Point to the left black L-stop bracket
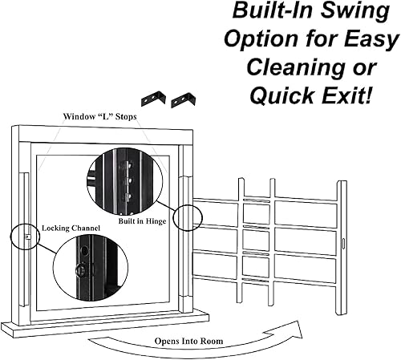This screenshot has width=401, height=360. click(x=155, y=99)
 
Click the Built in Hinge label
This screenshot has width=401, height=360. click(x=142, y=220)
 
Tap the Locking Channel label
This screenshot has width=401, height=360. click(x=71, y=229)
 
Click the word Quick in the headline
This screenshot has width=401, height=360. click(x=277, y=95)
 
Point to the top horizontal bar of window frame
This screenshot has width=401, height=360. click(x=103, y=136)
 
